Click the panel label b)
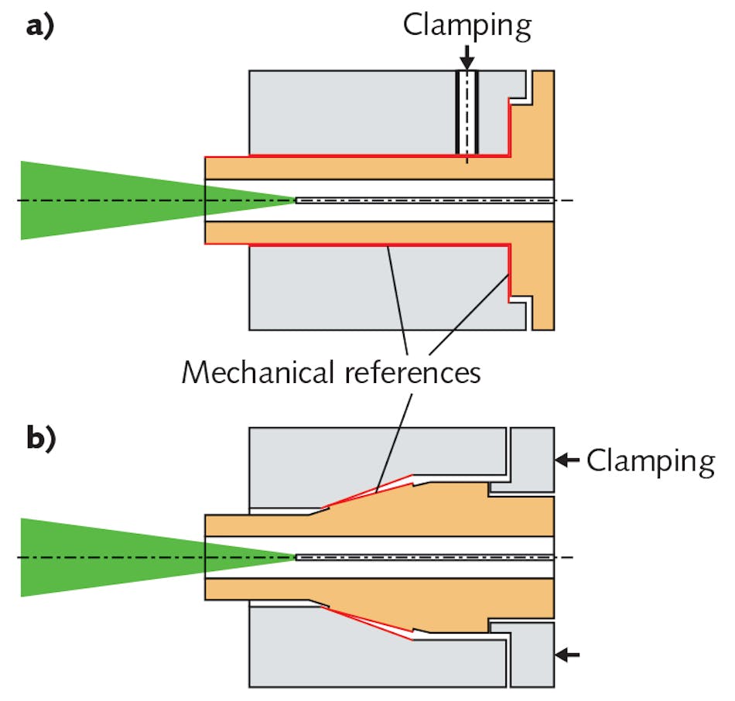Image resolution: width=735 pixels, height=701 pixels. (x=39, y=439)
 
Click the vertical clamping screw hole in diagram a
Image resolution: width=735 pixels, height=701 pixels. (x=466, y=112)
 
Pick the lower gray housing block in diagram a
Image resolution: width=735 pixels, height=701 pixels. (x=371, y=290)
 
